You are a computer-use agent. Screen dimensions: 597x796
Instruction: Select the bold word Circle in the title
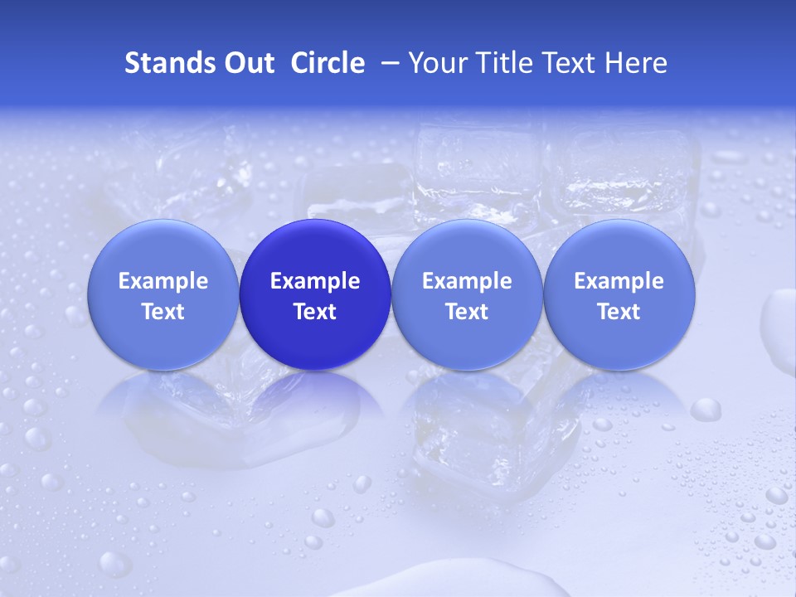pos(328,63)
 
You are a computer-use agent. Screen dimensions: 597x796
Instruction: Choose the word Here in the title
pos(635,63)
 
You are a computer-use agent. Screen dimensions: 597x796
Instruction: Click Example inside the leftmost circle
pos(163,281)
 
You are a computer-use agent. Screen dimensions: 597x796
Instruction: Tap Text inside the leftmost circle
pos(163,312)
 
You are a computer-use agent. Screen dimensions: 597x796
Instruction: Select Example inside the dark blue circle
pos(315,281)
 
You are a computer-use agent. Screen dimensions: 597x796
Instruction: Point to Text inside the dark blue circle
pos(315,312)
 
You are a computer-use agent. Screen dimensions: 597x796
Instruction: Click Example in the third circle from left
pos(467,281)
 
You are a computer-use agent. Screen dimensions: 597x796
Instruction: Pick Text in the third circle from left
pos(467,312)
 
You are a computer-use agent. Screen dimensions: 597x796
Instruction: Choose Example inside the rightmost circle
pos(619,281)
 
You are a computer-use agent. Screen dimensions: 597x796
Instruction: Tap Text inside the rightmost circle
pos(619,312)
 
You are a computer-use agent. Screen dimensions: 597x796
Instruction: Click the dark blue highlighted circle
pos(315,249)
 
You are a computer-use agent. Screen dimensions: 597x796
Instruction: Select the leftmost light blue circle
pos(163,249)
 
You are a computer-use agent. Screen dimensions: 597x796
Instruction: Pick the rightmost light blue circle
pos(619,249)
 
